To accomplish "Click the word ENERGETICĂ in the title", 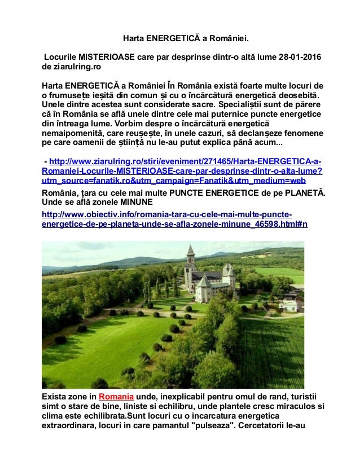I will click(169, 39).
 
